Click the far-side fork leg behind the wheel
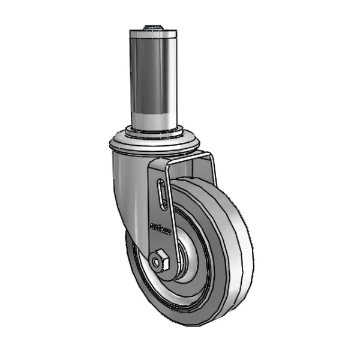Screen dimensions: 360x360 coord(211,171)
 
